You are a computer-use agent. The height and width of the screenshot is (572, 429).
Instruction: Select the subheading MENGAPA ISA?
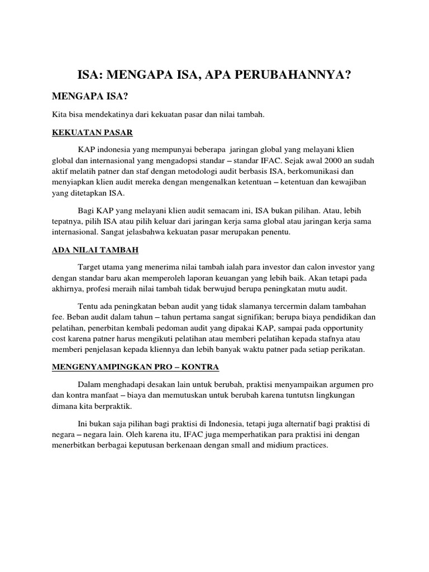(x=89, y=97)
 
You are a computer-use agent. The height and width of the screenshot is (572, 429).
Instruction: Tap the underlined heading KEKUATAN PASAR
(x=89, y=134)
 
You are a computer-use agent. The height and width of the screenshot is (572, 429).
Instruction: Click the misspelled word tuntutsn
(x=302, y=396)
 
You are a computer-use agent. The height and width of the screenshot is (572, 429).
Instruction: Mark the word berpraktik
(x=115, y=406)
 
